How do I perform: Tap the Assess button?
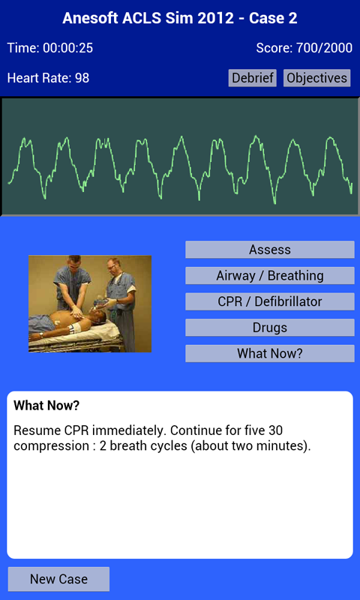coord(269,250)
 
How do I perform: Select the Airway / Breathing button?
coord(269,276)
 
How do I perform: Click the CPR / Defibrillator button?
coord(269,301)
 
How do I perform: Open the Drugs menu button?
coord(269,328)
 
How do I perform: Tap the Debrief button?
coord(253,78)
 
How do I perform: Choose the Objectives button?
coord(316,78)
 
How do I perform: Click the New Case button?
coord(58,579)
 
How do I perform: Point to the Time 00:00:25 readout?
coord(50,48)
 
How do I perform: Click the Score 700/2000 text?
coord(304,48)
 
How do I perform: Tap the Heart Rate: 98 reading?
coord(48,78)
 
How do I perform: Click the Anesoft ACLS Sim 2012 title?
coord(180,18)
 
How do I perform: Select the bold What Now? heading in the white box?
coord(46,406)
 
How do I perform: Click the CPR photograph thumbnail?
coord(90,304)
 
